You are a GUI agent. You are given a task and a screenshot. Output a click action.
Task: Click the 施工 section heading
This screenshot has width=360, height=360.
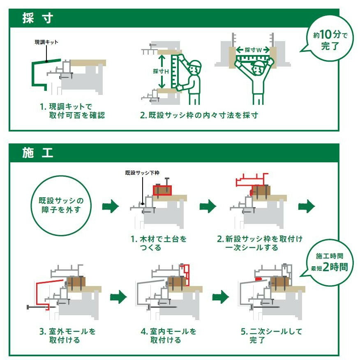(37, 153)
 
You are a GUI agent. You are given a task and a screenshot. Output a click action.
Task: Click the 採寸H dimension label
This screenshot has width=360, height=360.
(161, 71)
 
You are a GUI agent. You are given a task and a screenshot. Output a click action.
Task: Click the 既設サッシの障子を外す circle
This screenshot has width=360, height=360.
(61, 205)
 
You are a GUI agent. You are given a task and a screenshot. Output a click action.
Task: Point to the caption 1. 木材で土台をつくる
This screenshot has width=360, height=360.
(158, 243)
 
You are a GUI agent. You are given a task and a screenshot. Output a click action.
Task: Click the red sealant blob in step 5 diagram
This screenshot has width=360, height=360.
(259, 278)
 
